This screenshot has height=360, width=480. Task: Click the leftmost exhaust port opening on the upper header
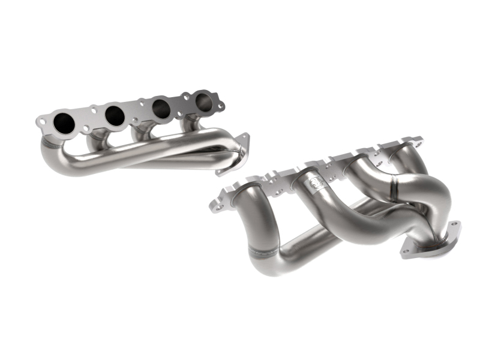(x=64, y=123)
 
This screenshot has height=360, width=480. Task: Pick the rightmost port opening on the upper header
(x=203, y=100)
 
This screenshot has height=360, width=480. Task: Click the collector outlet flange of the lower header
(x=433, y=240)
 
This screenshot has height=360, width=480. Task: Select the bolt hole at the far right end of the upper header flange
(x=220, y=107)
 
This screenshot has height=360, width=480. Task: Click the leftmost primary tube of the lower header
(x=252, y=228)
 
